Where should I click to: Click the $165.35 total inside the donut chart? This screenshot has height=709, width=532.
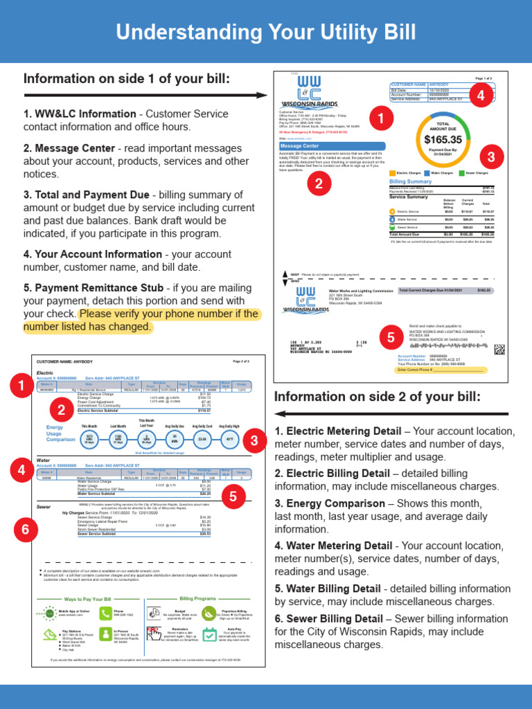coord(443,140)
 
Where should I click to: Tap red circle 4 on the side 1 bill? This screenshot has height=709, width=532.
coord(481,96)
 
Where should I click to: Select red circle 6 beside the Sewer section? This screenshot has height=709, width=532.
coord(26,530)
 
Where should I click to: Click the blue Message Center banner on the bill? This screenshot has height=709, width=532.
coord(300,146)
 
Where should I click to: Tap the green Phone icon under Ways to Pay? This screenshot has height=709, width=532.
coord(105,613)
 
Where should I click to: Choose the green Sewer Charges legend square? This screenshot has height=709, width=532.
coord(461,172)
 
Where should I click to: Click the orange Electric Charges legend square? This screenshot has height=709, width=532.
coord(393,172)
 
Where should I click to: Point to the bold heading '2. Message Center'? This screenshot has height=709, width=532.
coord(69,148)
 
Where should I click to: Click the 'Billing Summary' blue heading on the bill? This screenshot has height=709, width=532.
coord(410,181)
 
